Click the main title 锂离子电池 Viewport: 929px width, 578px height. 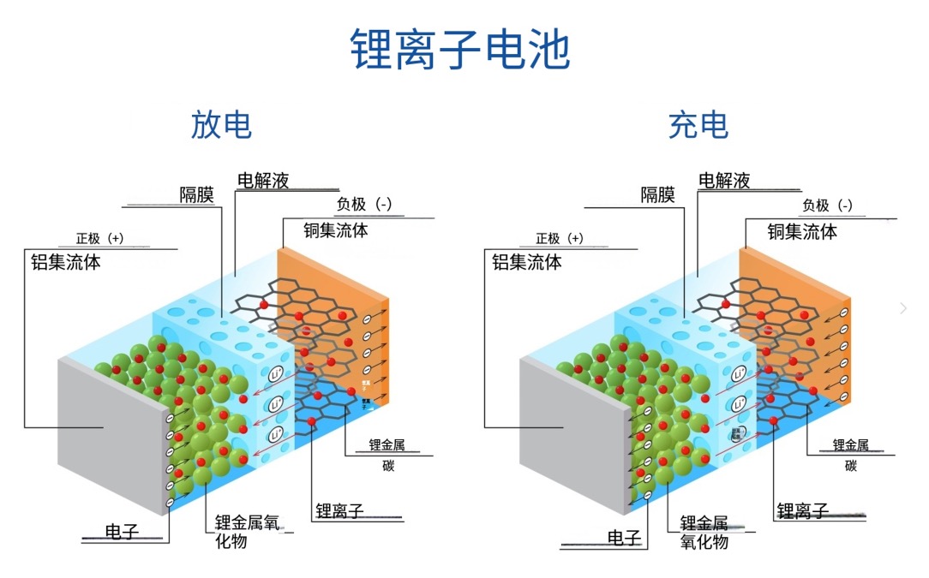(x=460, y=49)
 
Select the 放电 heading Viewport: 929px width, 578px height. (x=221, y=125)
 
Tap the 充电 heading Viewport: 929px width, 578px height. (x=698, y=125)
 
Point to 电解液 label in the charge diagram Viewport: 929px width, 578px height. (x=724, y=180)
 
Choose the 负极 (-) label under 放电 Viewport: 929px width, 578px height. (x=363, y=204)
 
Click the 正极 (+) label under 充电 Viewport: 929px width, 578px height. (x=559, y=239)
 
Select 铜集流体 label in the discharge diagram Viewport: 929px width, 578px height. (x=336, y=229)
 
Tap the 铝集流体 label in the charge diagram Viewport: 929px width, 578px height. (x=526, y=262)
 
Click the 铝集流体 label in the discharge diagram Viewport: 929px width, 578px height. (x=66, y=262)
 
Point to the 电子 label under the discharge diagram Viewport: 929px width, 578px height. (x=122, y=532)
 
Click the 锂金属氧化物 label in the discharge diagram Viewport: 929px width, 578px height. (x=244, y=531)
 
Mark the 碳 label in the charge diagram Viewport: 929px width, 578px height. (x=850, y=466)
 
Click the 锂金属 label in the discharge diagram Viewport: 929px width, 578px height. (x=387, y=445)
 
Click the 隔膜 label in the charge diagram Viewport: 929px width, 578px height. (x=658, y=194)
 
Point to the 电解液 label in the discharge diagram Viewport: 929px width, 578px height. (x=263, y=180)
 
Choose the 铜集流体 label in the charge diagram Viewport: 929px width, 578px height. (x=801, y=230)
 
